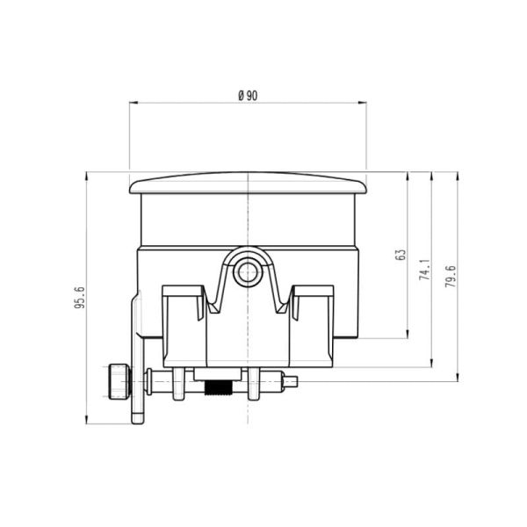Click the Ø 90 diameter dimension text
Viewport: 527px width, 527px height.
coord(248,96)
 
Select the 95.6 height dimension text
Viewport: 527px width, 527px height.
coord(79,299)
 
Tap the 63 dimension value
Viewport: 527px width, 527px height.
coord(401,255)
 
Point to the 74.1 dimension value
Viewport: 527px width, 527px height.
coord(424,269)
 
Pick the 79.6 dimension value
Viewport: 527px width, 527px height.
coord(451,277)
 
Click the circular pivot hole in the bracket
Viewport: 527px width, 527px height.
coord(248,271)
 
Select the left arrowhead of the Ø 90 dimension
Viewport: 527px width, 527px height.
coord(133,103)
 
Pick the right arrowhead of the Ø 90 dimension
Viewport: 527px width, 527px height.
coord(364,103)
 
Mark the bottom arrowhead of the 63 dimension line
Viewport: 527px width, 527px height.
coord(408,335)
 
